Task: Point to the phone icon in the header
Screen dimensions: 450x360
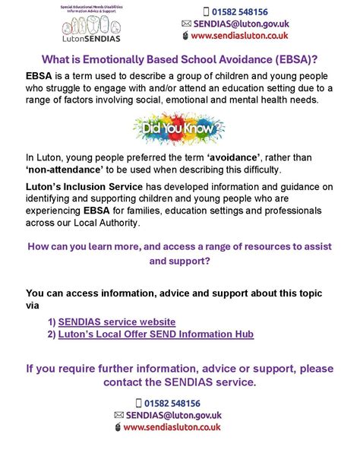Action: pos(207,11)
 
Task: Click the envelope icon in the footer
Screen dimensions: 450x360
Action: pos(118,415)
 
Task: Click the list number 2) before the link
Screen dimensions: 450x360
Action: pos(51,334)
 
